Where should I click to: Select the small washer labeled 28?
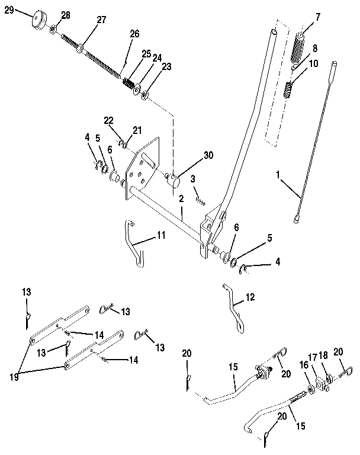coord(54,28)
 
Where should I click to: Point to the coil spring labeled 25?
coord(128,82)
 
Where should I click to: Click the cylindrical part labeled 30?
coord(175,180)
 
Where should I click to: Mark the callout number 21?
coord(137,129)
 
